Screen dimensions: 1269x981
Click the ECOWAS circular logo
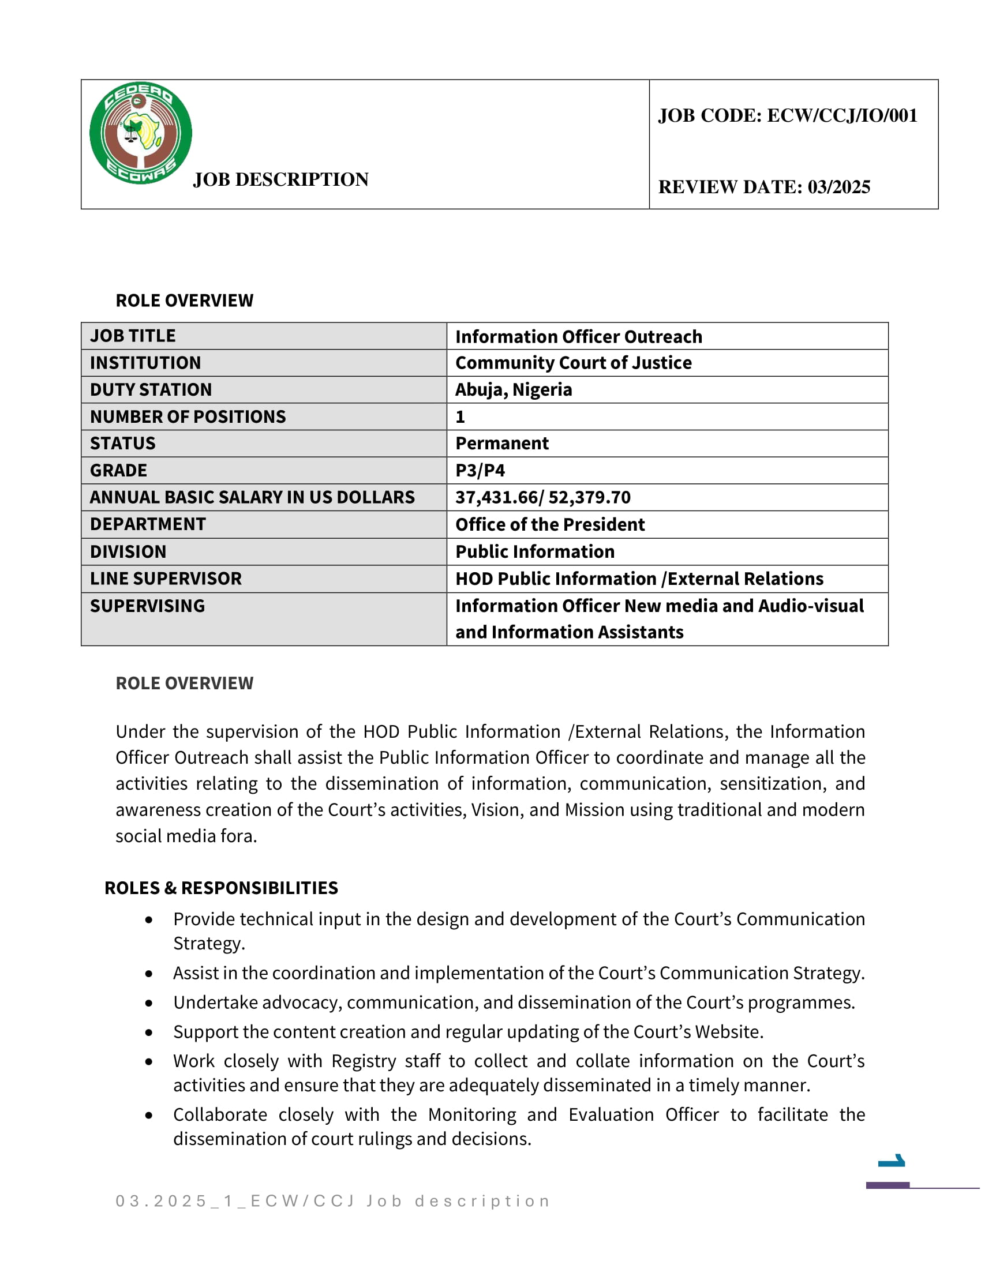(141, 133)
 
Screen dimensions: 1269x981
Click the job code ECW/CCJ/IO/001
(787, 115)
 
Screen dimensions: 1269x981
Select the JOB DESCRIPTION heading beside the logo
(280, 179)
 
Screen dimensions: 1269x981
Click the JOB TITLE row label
(133, 336)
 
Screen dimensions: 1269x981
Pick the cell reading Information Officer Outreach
(578, 336)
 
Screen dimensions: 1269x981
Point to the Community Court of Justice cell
(573, 363)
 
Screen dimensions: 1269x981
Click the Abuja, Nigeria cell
(513, 389)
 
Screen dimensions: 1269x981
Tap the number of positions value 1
(460, 416)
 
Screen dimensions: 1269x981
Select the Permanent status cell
(501, 444)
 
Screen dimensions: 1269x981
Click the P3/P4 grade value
(480, 470)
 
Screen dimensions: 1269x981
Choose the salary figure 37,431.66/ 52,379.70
(542, 497)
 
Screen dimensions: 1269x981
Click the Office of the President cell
(550, 524)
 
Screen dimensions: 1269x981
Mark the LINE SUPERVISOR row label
(166, 579)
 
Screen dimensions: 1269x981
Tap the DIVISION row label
(128, 551)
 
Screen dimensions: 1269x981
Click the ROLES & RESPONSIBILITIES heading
(221, 888)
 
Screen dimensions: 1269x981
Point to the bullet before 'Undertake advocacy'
(149, 1003)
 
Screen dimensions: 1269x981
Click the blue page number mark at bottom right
(892, 1161)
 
